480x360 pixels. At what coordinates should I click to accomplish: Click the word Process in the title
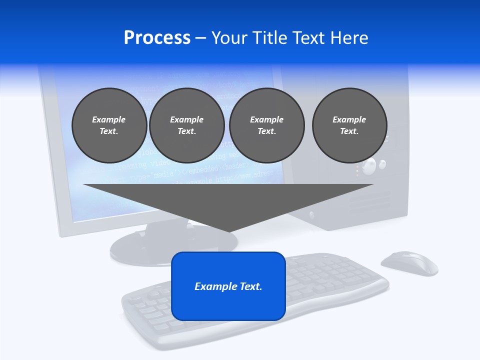tap(157, 38)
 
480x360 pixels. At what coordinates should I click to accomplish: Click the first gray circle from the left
tap(109, 125)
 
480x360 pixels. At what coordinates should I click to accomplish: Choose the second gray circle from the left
tap(186, 125)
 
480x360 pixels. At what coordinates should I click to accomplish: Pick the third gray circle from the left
tap(266, 125)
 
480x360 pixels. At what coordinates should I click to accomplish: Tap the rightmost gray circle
tap(349, 125)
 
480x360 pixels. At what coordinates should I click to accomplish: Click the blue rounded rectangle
tap(228, 305)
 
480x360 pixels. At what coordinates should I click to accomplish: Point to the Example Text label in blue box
tap(228, 286)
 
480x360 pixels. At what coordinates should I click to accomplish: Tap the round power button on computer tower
tap(369, 166)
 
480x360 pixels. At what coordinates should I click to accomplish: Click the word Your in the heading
tap(230, 38)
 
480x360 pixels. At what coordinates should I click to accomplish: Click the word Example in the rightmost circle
tap(349, 119)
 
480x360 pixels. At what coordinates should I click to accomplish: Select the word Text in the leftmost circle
tap(109, 131)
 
